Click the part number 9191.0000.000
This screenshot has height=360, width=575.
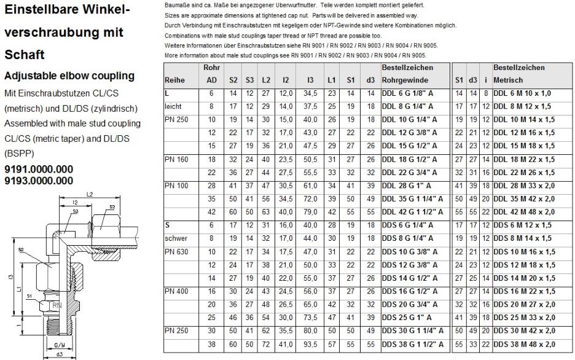pos(38,170)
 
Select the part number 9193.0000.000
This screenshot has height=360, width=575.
pos(38,180)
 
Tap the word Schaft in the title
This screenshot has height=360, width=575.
pos(24,55)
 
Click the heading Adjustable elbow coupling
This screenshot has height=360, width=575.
pos(69,76)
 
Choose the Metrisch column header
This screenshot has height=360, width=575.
pos(509,80)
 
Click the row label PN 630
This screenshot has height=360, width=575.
pos(177,252)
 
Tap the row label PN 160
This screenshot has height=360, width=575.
pos(177,158)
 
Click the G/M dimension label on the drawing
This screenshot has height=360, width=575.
pos(60,345)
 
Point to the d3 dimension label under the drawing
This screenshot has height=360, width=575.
pos(60,354)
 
